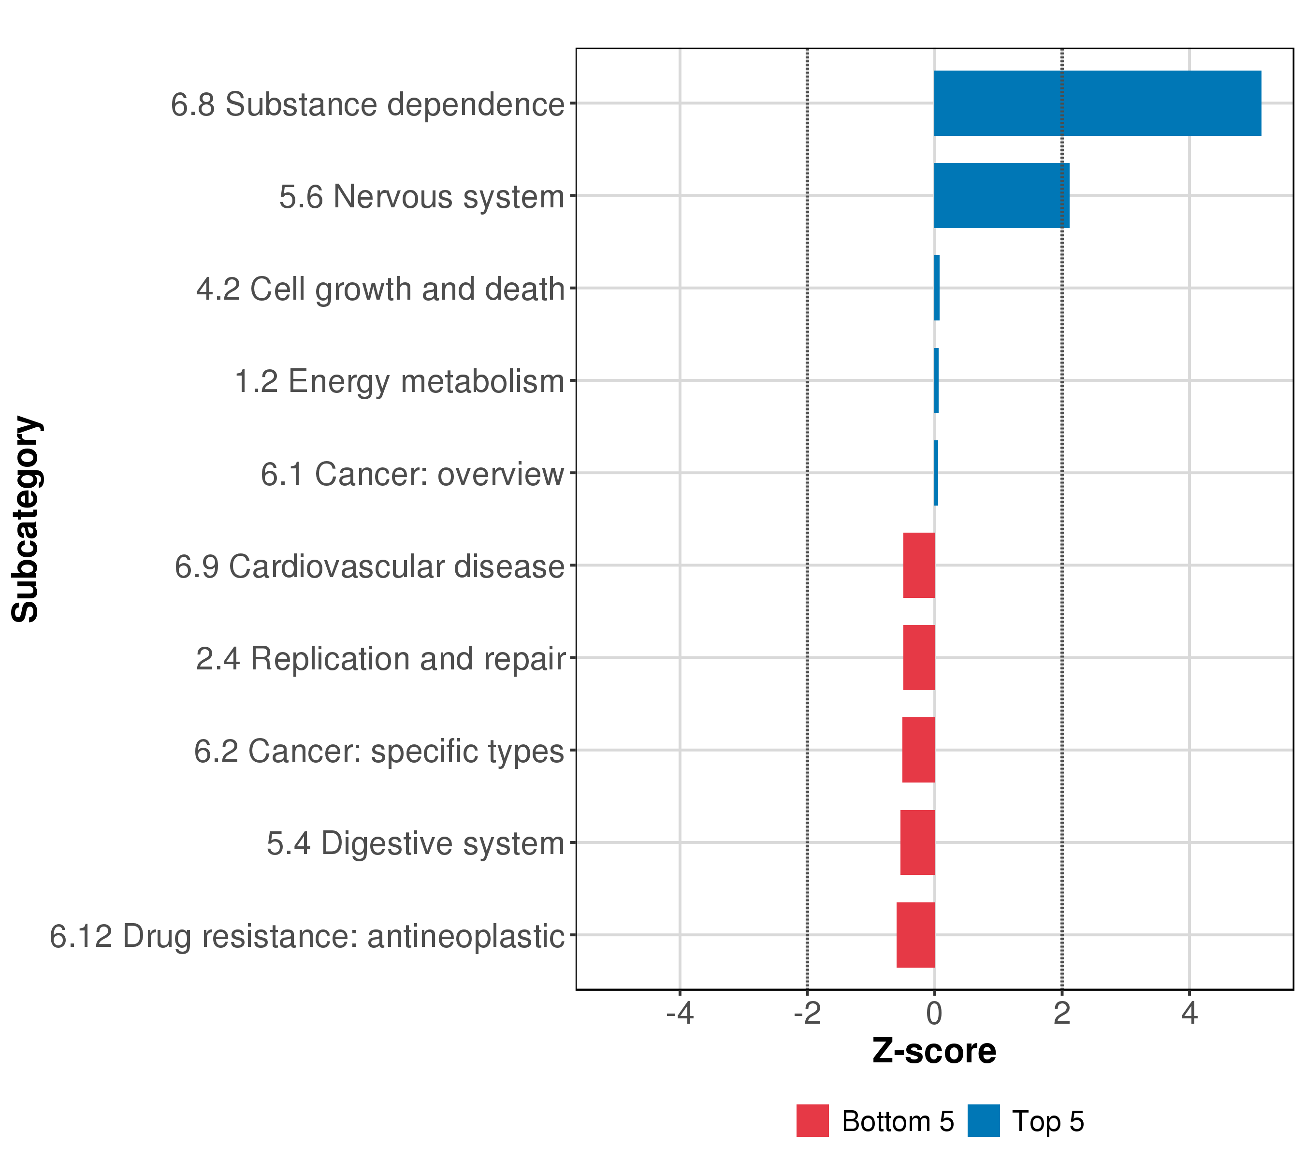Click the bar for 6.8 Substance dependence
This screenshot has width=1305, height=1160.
1097,103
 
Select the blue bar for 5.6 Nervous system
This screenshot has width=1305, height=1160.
1001,195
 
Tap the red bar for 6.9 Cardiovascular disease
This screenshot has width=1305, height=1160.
919,565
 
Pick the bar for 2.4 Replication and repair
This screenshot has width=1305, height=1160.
919,657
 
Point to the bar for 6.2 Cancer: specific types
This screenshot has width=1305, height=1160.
918,750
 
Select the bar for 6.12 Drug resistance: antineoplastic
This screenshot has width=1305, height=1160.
915,935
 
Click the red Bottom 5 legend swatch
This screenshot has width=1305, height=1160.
812,1120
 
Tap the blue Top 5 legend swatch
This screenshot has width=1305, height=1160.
983,1120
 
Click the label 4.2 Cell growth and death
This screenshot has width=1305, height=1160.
380,289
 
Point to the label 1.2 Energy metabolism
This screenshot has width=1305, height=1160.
400,382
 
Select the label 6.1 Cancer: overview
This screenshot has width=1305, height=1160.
412,474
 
